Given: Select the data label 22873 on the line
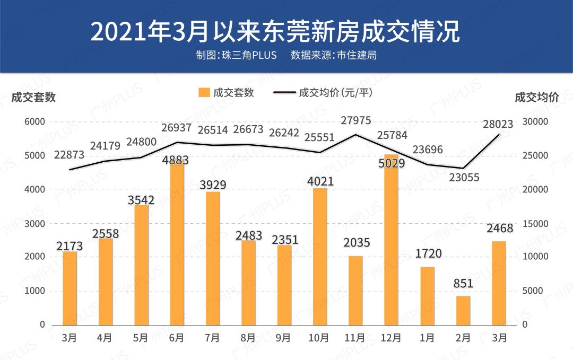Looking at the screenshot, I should [x=69, y=155].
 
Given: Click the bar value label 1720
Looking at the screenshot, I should [x=428, y=253].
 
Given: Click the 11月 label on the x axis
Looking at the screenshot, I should [x=354, y=337].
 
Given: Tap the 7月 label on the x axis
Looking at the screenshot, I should [x=212, y=337].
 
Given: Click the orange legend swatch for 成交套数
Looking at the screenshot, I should [x=204, y=92].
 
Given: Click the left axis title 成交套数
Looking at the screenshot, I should [x=33, y=98].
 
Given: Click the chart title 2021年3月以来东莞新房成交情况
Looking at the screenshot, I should [x=275, y=32].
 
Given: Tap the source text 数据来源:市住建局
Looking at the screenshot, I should [x=334, y=55].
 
